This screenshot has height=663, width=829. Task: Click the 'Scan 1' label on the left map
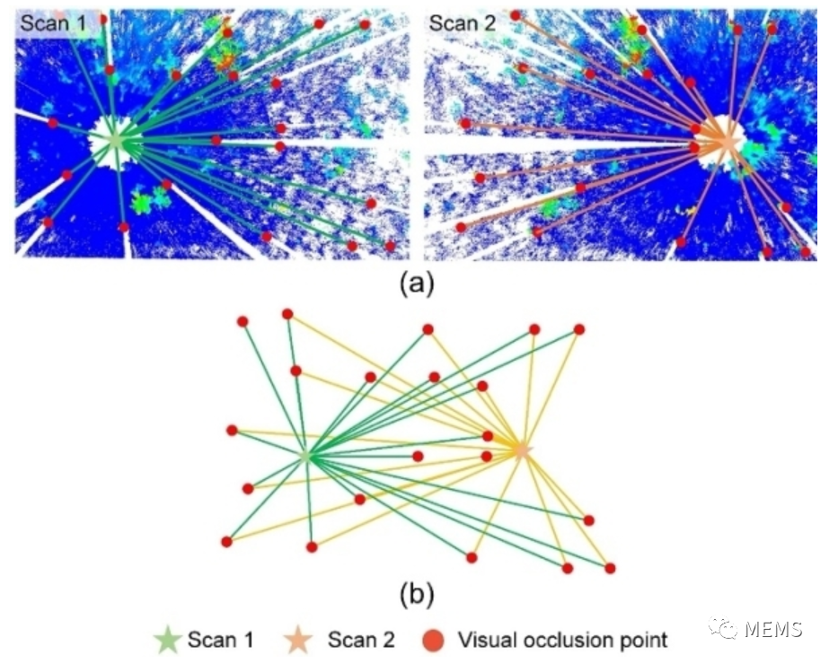(x=53, y=23)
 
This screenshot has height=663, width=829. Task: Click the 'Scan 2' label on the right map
(x=462, y=23)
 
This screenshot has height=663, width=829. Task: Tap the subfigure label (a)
(x=417, y=284)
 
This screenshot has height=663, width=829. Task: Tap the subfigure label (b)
(x=417, y=594)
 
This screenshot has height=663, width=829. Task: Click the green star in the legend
(x=168, y=640)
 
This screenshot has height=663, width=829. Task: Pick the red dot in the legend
(x=434, y=641)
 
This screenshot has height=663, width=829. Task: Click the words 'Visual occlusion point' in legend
(x=562, y=641)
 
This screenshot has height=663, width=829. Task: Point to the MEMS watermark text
(x=773, y=629)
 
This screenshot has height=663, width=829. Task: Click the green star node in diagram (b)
(x=305, y=457)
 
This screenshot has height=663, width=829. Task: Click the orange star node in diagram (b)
(x=522, y=450)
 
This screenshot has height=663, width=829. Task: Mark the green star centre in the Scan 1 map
(x=116, y=141)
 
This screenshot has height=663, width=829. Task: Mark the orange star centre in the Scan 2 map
(x=728, y=141)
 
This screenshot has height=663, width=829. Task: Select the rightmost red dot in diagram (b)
(x=610, y=569)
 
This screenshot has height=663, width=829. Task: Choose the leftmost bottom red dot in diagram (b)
(x=227, y=542)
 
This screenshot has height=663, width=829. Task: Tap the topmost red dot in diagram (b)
(x=287, y=314)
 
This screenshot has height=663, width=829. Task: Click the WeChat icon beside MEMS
(x=723, y=628)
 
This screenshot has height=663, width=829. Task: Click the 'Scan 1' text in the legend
(x=220, y=640)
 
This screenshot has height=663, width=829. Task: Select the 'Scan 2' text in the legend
(x=361, y=640)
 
